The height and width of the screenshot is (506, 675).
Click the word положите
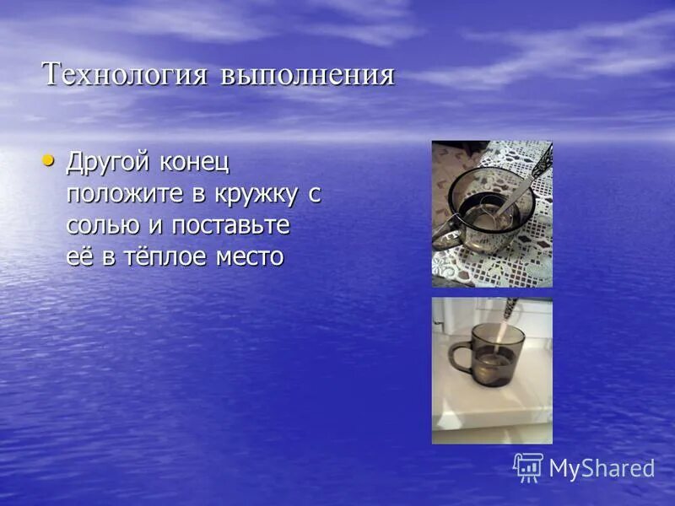(x=126, y=194)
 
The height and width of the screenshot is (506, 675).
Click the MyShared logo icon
(x=528, y=467)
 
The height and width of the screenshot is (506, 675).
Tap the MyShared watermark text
(x=602, y=469)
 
